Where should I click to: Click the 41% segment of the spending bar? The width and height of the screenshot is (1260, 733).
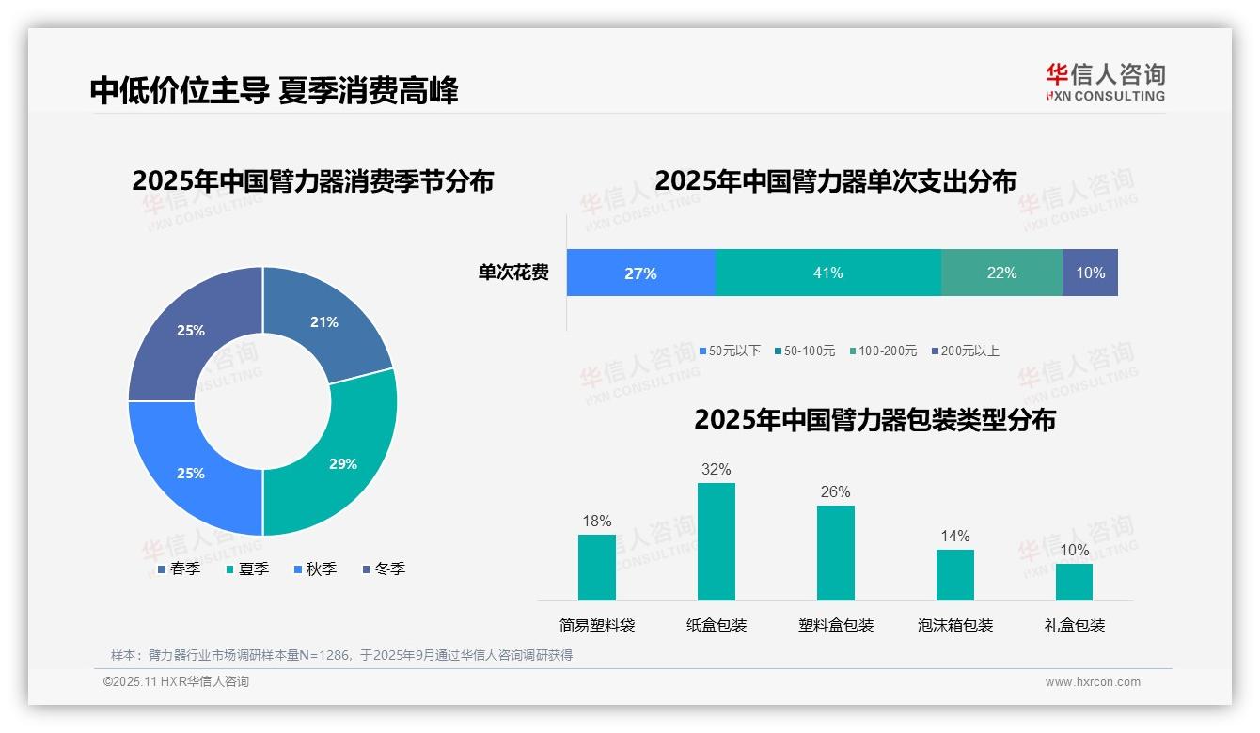click(x=828, y=273)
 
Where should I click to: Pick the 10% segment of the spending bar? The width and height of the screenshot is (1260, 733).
click(x=1090, y=273)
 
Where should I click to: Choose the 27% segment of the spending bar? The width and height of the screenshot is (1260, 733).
click(x=640, y=273)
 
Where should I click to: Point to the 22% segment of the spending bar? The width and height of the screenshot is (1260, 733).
click(x=1001, y=273)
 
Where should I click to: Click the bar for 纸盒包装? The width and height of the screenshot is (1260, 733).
click(x=716, y=541)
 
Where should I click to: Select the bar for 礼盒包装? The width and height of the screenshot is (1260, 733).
click(x=1074, y=582)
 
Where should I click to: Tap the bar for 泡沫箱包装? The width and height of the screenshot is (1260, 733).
click(x=954, y=574)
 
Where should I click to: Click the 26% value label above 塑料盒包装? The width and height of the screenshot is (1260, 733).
click(x=835, y=491)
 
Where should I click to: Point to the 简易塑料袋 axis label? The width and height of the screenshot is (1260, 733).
click(x=597, y=625)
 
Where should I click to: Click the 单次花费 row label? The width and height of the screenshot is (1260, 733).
click(x=513, y=273)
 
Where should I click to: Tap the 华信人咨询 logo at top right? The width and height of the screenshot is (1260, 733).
click(x=1105, y=82)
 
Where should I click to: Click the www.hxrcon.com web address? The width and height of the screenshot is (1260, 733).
click(x=1093, y=682)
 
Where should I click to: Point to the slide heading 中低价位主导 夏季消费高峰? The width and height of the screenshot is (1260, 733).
click(x=274, y=90)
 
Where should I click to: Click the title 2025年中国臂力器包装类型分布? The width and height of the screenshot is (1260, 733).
click(x=874, y=419)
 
